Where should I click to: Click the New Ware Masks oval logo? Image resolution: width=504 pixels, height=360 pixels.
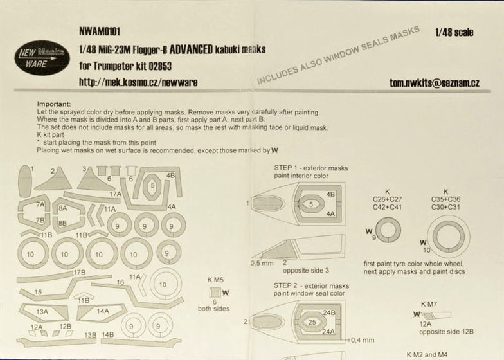pyautogui.click(x=42, y=58)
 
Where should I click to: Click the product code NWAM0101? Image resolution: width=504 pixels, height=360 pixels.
pyautogui.click(x=100, y=32)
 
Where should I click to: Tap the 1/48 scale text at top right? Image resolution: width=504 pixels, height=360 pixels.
pyautogui.click(x=454, y=32)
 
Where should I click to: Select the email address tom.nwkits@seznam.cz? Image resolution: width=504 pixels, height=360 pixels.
pyautogui.click(x=435, y=83)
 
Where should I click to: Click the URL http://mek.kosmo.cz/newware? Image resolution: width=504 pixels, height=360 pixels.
pyautogui.click(x=138, y=82)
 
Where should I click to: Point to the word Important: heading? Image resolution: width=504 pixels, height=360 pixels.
pyautogui.click(x=54, y=104)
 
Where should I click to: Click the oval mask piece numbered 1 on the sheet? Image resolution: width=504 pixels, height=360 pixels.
pyautogui.click(x=24, y=181)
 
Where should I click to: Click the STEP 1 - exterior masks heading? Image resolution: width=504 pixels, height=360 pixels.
pyautogui.click(x=311, y=168)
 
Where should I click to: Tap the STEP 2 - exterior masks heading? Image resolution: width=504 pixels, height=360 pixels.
pyautogui.click(x=311, y=285)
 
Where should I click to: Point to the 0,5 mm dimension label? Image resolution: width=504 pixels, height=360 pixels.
pyautogui.click(x=262, y=264)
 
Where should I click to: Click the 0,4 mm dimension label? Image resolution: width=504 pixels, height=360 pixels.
pyautogui.click(x=363, y=340)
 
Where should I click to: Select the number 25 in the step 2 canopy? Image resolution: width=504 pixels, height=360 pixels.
pyautogui.click(x=312, y=322)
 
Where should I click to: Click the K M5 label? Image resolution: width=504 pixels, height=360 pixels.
pyautogui.click(x=215, y=280)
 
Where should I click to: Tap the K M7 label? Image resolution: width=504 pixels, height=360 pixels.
pyautogui.click(x=429, y=304)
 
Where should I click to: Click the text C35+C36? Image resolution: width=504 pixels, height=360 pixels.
pyautogui.click(x=446, y=199)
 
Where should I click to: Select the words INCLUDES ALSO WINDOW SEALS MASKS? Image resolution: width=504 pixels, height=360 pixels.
pyautogui.click(x=338, y=55)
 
